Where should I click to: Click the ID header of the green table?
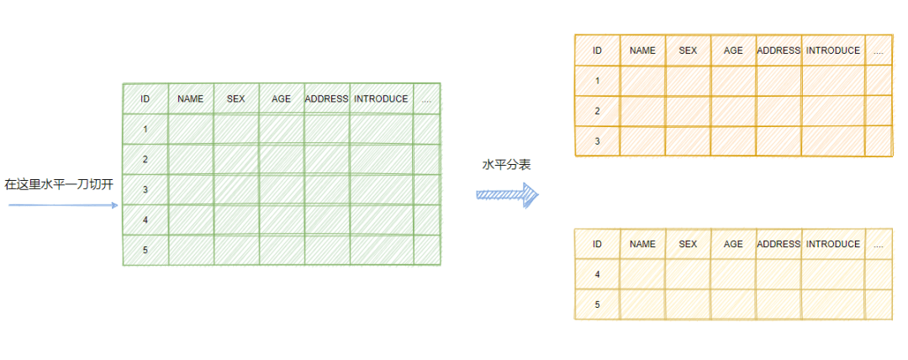(x=145, y=99)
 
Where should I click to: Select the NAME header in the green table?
(x=191, y=99)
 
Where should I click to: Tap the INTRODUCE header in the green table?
(x=381, y=99)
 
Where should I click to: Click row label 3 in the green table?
(x=145, y=190)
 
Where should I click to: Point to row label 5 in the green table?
(x=145, y=251)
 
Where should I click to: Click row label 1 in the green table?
(x=145, y=130)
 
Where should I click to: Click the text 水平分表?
(x=506, y=166)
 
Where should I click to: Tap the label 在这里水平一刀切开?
(x=59, y=184)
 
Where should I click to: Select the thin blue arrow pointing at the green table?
(x=63, y=204)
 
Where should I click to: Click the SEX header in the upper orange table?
(x=688, y=50)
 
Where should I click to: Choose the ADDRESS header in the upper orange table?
(x=779, y=50)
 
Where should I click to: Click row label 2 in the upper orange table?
(x=597, y=111)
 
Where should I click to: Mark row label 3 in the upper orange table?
(x=597, y=141)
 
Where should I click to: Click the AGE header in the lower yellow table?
(x=733, y=244)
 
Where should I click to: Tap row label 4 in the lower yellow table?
(x=597, y=274)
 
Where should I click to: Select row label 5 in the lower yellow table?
(x=597, y=304)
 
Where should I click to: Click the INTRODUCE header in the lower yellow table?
(x=832, y=244)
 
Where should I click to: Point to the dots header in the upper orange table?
(x=878, y=51)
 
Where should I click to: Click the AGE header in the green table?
(x=282, y=99)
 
